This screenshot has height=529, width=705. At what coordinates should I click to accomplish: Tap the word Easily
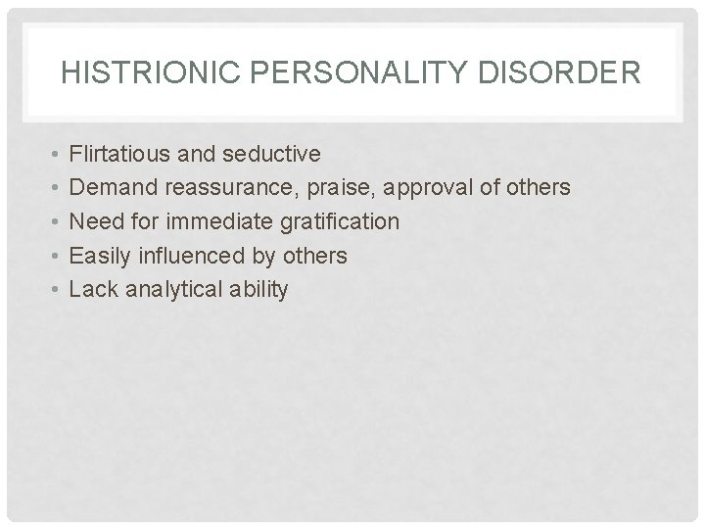click(x=103, y=256)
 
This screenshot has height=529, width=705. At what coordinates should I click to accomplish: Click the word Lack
click(x=92, y=289)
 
